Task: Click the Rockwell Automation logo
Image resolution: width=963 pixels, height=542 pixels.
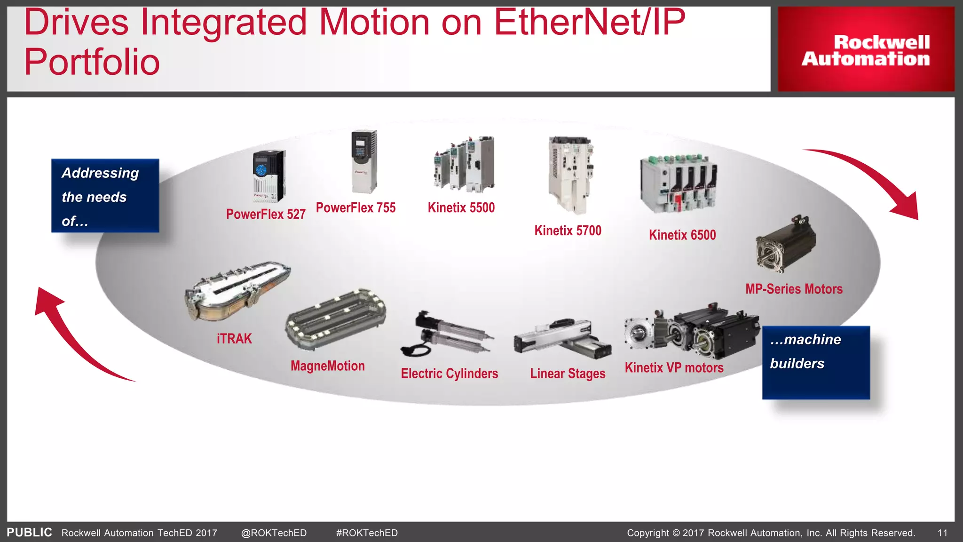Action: (866, 50)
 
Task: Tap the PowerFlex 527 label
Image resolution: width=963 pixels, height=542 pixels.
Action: (266, 215)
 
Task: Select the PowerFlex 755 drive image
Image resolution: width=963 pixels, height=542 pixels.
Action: (364, 161)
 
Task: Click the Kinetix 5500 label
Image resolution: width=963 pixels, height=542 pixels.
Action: (461, 207)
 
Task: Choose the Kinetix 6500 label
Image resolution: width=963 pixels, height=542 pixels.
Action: (682, 235)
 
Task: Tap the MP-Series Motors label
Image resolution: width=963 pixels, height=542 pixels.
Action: (794, 289)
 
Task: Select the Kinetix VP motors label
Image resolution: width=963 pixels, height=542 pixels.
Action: (674, 367)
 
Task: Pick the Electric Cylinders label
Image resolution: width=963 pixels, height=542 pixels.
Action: (449, 374)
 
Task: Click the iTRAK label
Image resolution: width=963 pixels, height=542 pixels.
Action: (234, 339)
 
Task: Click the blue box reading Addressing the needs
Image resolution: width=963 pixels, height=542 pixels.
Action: (105, 196)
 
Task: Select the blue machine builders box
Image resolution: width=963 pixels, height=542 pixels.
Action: (816, 362)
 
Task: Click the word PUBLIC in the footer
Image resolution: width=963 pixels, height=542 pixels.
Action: (29, 532)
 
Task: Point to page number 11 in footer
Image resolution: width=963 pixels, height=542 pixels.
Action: (942, 533)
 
